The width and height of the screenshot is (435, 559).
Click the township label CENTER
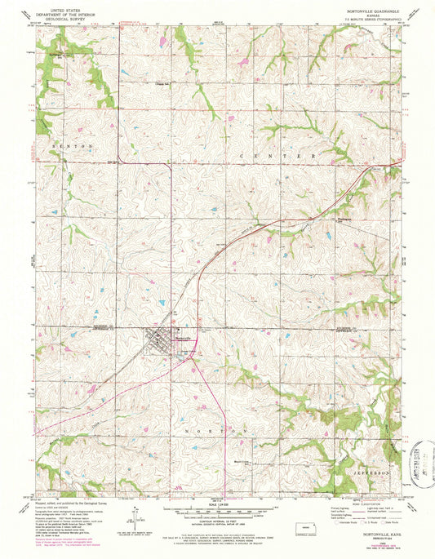coord(277,154)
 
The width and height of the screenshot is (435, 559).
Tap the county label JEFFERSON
coord(372,472)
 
